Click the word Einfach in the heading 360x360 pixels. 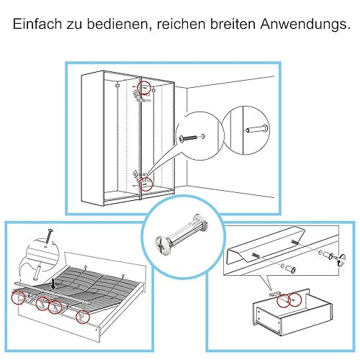37,24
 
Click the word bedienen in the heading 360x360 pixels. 117,24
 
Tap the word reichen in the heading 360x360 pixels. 181,24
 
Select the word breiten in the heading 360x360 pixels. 233,24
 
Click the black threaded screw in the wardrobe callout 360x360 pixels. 188,138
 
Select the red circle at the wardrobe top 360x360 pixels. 144,88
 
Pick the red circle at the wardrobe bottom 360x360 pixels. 145,184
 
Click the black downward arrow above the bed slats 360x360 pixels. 55,284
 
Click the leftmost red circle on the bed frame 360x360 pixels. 19,297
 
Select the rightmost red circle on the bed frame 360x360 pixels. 83,317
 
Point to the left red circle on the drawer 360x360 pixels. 284,300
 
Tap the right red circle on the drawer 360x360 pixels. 294,300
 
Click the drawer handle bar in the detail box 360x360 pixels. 266,245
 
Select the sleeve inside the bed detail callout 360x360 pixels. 37,272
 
